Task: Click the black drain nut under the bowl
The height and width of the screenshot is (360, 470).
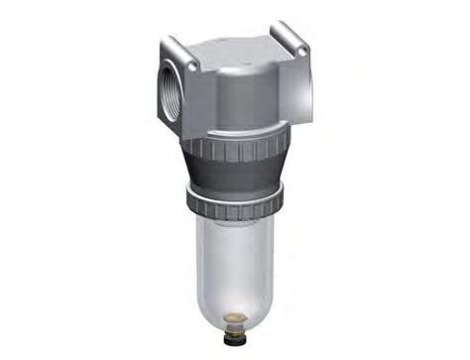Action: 236,327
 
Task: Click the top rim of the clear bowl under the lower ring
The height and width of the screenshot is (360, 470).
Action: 234,224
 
